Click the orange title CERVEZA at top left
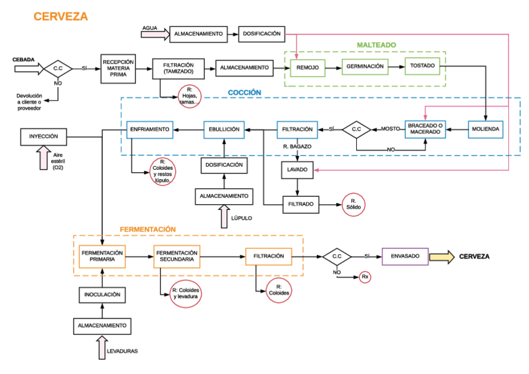pyautogui.click(x=61, y=16)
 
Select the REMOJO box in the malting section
pyautogui.click(x=308, y=67)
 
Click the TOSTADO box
pyautogui.click(x=422, y=66)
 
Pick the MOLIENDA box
pyautogui.click(x=485, y=129)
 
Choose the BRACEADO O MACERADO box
pyautogui.click(x=425, y=129)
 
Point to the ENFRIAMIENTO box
pyautogui.click(x=149, y=129)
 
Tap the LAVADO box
pyautogui.click(x=296, y=170)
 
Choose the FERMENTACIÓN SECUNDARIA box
pyautogui.click(x=177, y=256)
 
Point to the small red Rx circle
pyautogui.click(x=365, y=276)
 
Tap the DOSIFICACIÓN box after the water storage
pyautogui.click(x=262, y=34)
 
